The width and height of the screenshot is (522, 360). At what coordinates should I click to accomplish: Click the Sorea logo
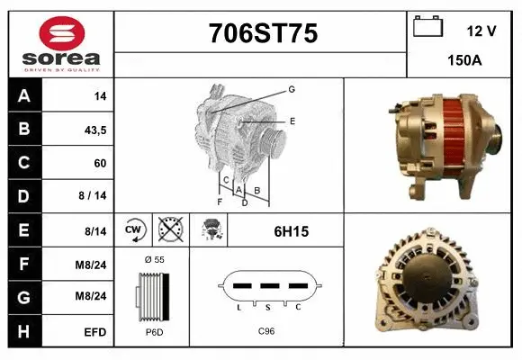61,43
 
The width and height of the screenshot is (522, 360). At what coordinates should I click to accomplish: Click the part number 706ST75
263,33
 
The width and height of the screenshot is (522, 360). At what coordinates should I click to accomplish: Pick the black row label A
23,95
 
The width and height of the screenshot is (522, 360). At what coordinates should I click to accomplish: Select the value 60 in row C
99,164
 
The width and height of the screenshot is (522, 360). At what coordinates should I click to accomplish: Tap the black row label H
23,332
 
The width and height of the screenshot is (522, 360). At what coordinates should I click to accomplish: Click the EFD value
94,332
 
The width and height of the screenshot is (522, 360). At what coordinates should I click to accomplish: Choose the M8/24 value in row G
94,298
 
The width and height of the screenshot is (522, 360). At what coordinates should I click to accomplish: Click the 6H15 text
292,231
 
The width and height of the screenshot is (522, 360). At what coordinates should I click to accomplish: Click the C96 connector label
266,331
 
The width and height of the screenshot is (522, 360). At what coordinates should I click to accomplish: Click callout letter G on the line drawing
292,89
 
